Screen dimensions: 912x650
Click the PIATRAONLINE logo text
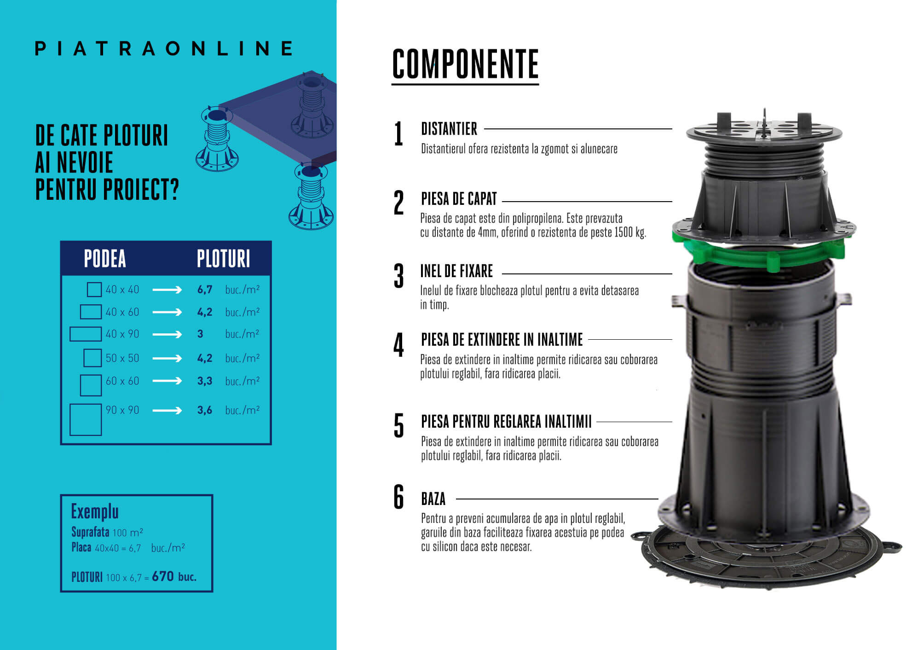coord(164,48)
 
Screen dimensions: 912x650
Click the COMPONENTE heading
coord(465,64)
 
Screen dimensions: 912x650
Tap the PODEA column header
coord(105,259)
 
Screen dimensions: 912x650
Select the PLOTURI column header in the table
coord(224,259)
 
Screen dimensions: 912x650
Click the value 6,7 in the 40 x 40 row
coord(205,290)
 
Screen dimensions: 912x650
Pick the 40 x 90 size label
coord(122,334)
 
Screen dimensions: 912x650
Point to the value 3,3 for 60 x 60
coord(205,381)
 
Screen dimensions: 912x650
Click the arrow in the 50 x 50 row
coord(167,358)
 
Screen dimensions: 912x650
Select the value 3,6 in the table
coord(205,410)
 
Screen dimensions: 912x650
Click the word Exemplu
coord(95,511)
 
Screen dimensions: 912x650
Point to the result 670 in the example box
coord(163,576)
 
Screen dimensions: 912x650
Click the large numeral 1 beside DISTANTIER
coord(398,134)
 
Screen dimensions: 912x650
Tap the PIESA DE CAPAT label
coord(459,199)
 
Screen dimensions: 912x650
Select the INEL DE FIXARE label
coord(456,271)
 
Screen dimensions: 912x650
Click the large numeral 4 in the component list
coord(398,345)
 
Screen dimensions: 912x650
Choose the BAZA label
coord(433,499)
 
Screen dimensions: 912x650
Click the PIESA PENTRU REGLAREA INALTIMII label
coord(506,422)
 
